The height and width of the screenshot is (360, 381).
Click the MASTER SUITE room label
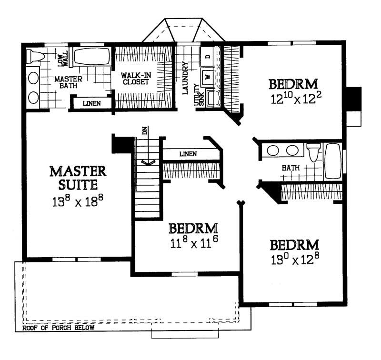[x=78, y=177]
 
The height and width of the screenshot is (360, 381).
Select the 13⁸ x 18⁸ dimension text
[x=78, y=200]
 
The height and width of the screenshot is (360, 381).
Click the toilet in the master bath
[x=35, y=56]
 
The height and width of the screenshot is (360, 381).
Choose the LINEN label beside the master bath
[x=91, y=103]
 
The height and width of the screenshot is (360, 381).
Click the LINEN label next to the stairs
[x=189, y=154]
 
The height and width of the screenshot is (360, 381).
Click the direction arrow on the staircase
[x=148, y=162]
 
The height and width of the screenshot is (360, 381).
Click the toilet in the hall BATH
[x=314, y=152]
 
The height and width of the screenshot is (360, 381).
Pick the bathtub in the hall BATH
[x=333, y=161]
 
